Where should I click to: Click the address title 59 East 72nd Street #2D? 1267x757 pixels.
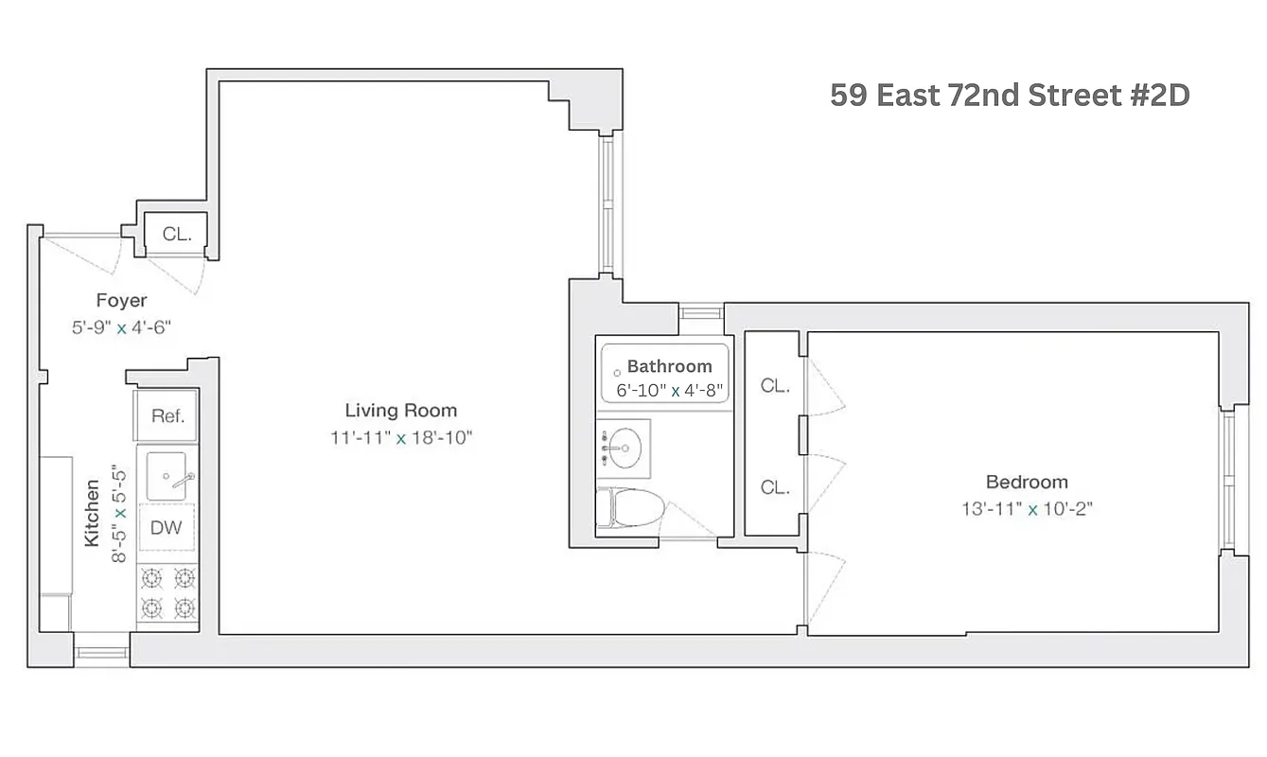pyautogui.click(x=1009, y=96)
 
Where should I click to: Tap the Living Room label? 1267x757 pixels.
pyautogui.click(x=400, y=411)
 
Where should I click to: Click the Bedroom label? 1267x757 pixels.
pyautogui.click(x=1027, y=482)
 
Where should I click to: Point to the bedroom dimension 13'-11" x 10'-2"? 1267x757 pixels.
pyautogui.click(x=1027, y=508)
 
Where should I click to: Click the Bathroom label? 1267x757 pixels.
pyautogui.click(x=669, y=366)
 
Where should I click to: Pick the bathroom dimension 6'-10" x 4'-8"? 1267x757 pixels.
pyautogui.click(x=663, y=389)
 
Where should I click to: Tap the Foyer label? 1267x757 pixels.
pyautogui.click(x=121, y=301)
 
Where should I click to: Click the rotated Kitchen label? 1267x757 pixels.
pyautogui.click(x=93, y=512)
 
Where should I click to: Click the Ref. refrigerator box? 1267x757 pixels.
pyautogui.click(x=167, y=415)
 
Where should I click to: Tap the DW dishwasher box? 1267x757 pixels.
pyautogui.click(x=167, y=528)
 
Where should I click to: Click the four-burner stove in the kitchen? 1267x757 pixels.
pyautogui.click(x=167, y=593)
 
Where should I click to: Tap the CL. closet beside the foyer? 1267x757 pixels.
pyautogui.click(x=176, y=235)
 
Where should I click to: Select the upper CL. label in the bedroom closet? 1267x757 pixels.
pyautogui.click(x=775, y=386)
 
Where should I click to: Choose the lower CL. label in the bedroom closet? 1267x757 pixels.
pyautogui.click(x=775, y=487)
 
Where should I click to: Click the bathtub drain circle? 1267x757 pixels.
pyautogui.click(x=616, y=373)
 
